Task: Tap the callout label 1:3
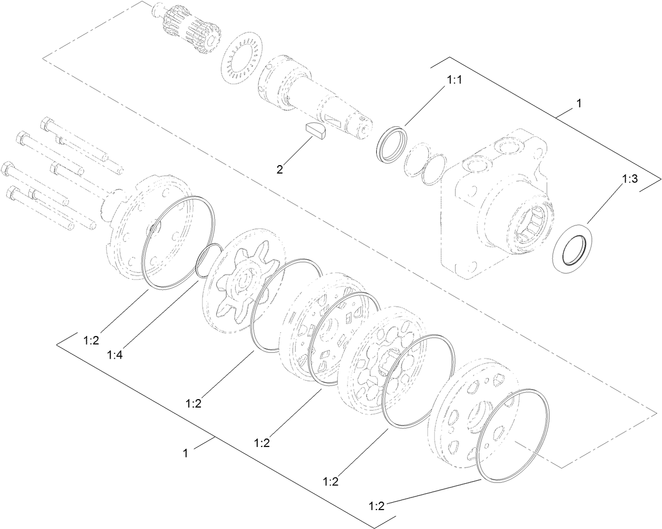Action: pyautogui.click(x=630, y=179)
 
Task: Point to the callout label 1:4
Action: pyautogui.click(x=115, y=355)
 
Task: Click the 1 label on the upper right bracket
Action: pyautogui.click(x=579, y=104)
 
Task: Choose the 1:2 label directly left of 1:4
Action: pyautogui.click(x=91, y=341)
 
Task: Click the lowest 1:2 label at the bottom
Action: pyautogui.click(x=377, y=507)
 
